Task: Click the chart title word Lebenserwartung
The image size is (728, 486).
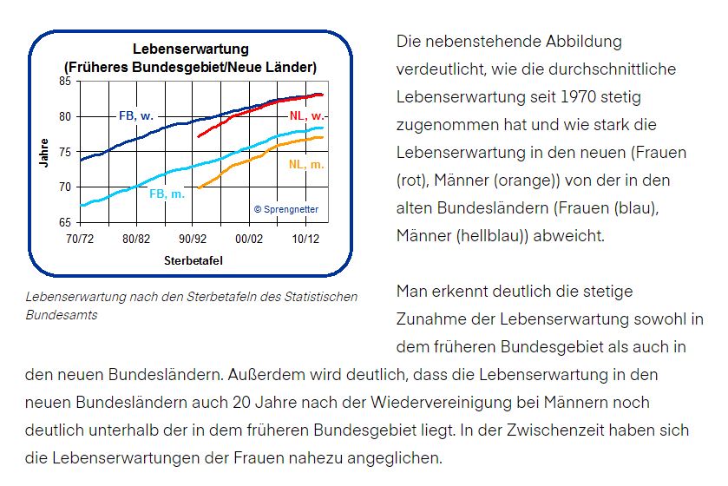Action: tap(190, 49)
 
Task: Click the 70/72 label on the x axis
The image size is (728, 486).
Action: tap(80, 239)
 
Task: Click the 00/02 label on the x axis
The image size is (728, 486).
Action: tap(249, 239)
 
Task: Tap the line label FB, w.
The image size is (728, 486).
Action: tap(136, 115)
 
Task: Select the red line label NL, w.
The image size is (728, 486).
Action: tap(306, 115)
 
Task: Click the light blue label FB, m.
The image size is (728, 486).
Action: tap(167, 194)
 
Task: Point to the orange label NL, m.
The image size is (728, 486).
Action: tap(306, 164)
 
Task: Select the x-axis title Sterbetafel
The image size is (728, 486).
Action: tap(190, 260)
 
